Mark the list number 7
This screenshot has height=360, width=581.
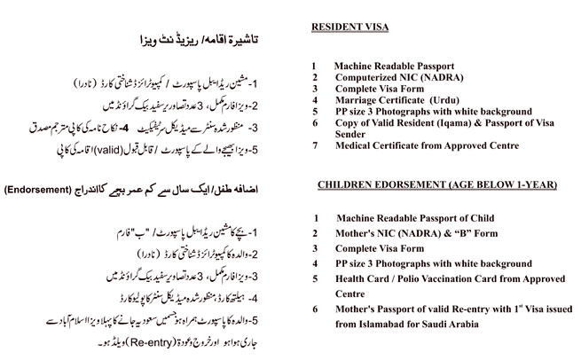click(x=315, y=145)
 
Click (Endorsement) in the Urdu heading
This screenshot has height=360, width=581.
click(x=43, y=190)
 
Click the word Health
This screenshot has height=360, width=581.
click(x=355, y=278)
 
